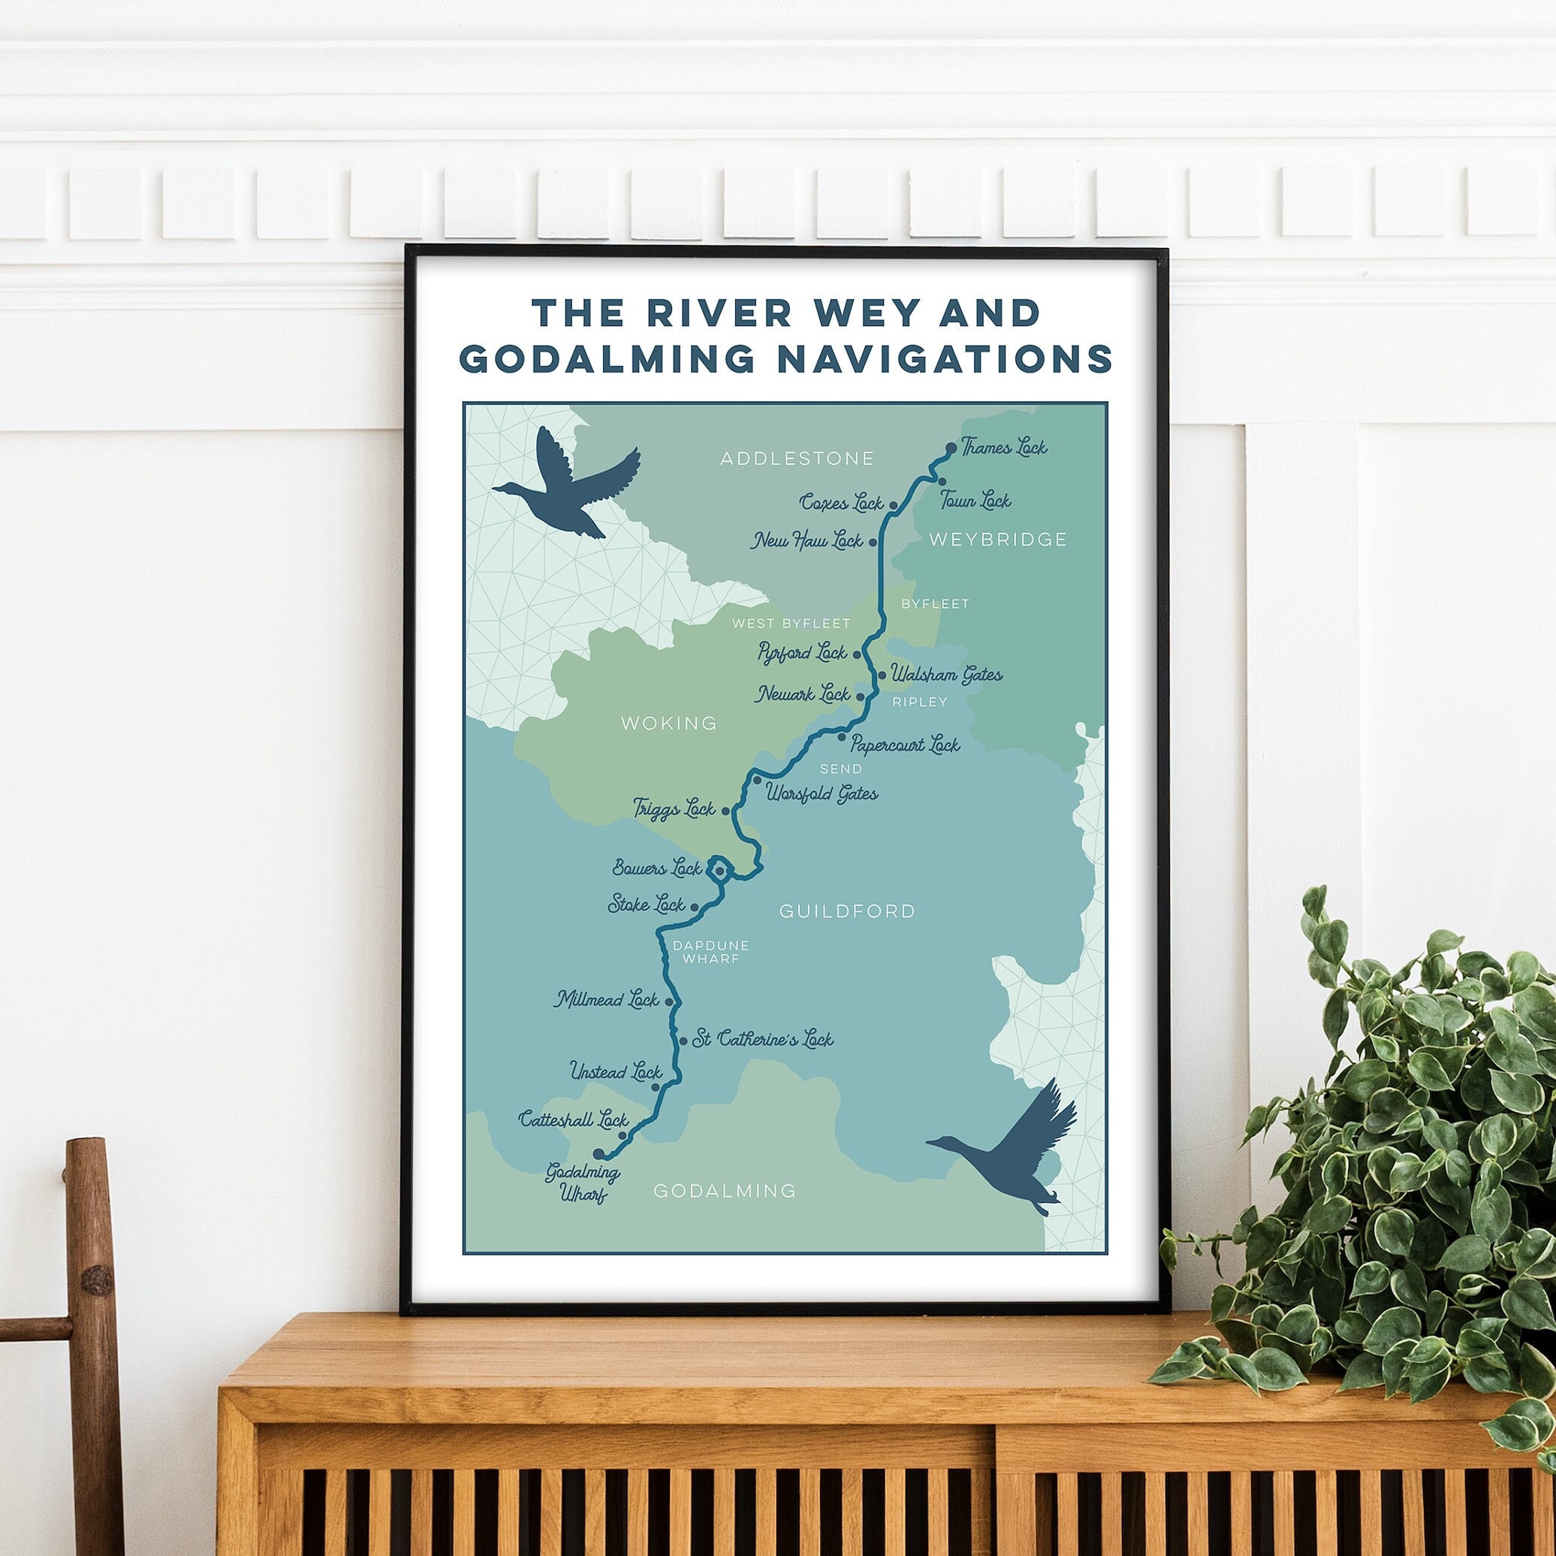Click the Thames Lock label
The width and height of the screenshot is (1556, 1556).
(1003, 447)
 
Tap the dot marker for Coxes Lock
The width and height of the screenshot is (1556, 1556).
(893, 506)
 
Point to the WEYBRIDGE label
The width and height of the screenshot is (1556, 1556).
(998, 539)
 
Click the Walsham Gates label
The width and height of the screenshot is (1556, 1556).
(945, 674)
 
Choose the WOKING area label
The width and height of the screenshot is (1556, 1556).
(668, 723)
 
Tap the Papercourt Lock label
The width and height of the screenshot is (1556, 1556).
(905, 745)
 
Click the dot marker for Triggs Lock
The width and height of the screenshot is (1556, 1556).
(725, 811)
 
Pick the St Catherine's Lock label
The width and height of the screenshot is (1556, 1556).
(763, 1040)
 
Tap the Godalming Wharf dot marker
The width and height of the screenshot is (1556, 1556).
(598, 1154)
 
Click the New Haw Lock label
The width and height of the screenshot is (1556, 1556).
(807, 541)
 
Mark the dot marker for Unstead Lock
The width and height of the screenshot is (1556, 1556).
(655, 1087)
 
